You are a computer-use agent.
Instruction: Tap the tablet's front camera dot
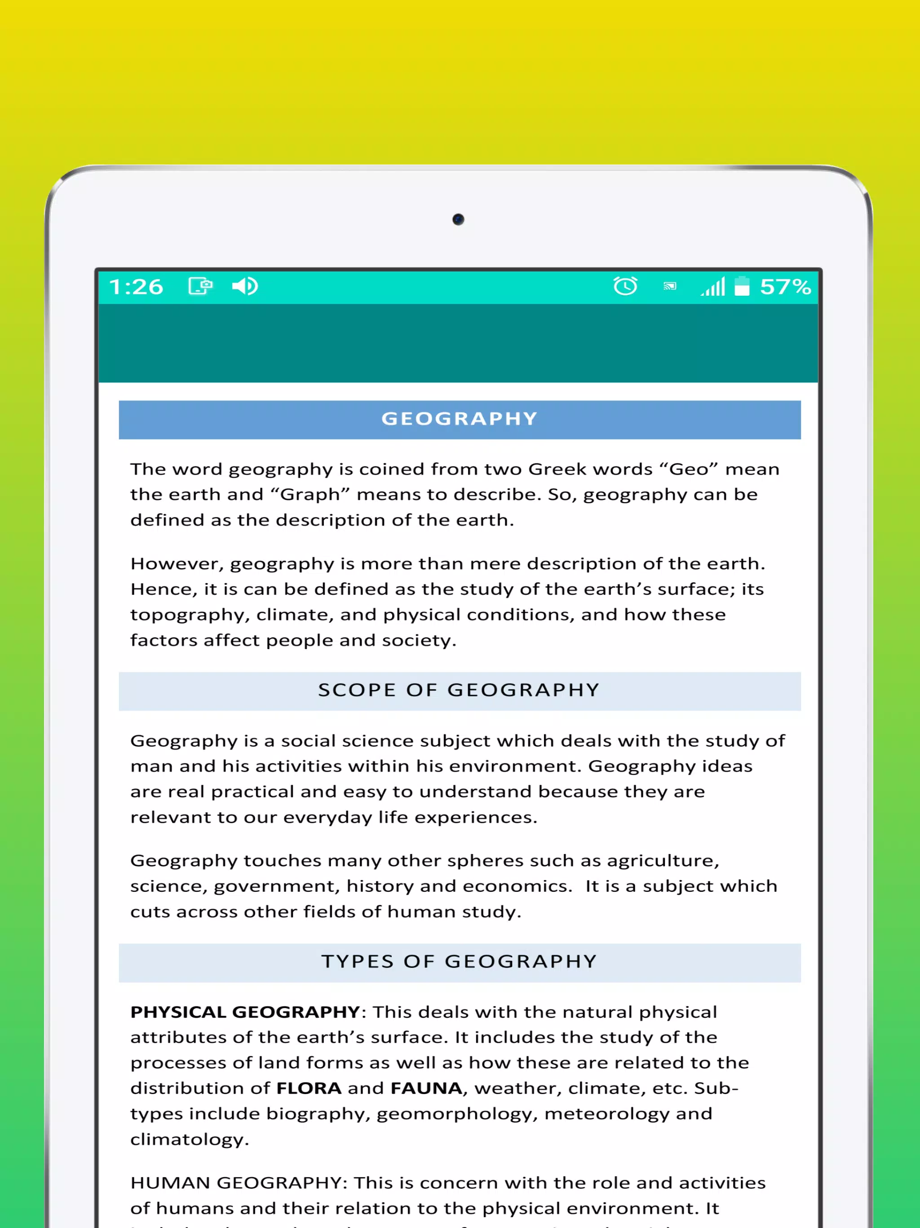[458, 219]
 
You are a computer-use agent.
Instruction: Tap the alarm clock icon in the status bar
[625, 286]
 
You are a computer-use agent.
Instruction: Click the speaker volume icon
[245, 286]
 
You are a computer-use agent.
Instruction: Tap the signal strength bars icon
[713, 286]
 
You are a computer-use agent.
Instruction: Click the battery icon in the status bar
[742, 286]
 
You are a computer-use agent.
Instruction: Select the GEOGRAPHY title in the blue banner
[460, 418]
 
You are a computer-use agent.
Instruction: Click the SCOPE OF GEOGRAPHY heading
[460, 690]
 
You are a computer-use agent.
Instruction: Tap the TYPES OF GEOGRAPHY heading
[460, 961]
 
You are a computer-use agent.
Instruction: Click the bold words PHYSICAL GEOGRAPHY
[245, 1012]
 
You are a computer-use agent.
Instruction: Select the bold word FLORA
[309, 1088]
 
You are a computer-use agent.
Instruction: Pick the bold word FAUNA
[426, 1088]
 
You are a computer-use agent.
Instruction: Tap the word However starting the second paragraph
[177, 564]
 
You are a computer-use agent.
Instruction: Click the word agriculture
[663, 860]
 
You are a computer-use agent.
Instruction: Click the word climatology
[189, 1139]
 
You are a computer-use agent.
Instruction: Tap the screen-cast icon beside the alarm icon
[670, 286]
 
